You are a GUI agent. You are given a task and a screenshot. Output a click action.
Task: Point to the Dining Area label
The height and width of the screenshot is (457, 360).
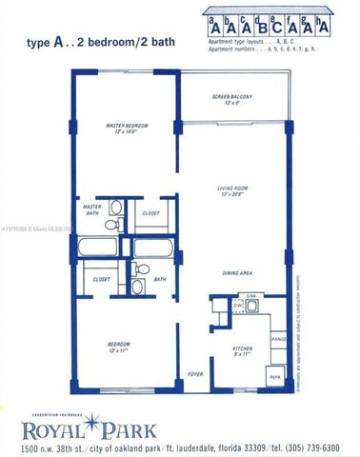coord(237,273)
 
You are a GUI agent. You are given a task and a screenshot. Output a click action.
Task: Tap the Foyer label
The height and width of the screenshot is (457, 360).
coord(195,375)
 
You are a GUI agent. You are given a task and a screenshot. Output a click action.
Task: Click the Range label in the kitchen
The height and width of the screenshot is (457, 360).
coord(279,338)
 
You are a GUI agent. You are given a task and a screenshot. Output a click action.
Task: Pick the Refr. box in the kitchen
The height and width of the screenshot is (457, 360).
coord(276,376)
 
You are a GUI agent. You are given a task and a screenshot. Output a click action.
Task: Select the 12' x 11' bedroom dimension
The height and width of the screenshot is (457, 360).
coord(119,350)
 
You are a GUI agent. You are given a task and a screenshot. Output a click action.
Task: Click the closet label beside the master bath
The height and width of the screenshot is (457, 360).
coord(150,214)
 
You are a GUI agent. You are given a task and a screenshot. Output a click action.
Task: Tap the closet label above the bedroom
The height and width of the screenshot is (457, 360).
coord(101,279)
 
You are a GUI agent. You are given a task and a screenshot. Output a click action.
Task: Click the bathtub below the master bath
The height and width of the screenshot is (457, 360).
coord(103,249)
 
